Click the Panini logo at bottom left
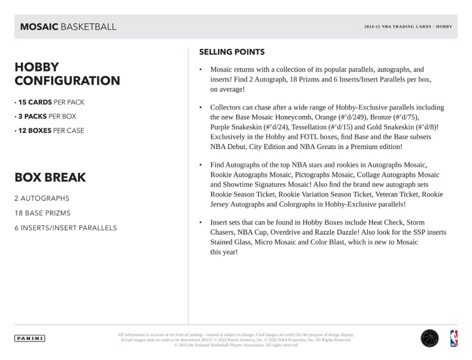pos(29,338)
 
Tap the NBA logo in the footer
pos(453,338)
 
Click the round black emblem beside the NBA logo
pos(429,338)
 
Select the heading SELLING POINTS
pos(232,52)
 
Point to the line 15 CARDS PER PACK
pos(50,102)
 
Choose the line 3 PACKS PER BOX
pos(46,116)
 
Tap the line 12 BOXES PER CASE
pos(49,131)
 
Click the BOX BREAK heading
pos(50,177)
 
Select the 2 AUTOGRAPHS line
pos(42,199)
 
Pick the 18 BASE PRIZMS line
pos(43,213)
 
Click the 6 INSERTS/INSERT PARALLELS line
pos(66,228)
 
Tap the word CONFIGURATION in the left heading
pos(67,81)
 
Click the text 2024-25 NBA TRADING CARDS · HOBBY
pos(408,27)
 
